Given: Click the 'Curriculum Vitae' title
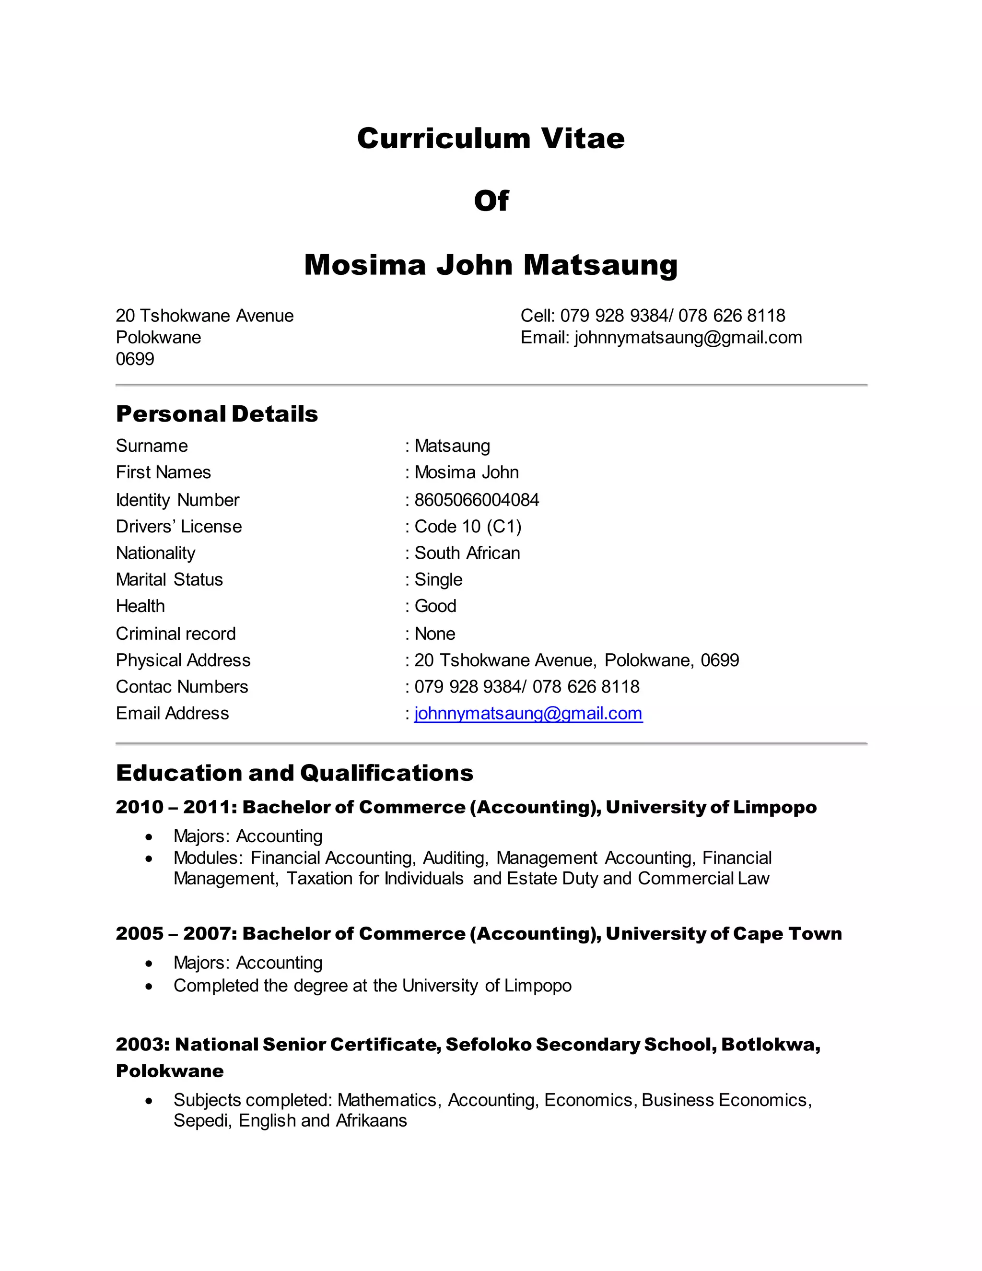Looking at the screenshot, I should (x=491, y=139).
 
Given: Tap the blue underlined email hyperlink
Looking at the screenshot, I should (x=528, y=714).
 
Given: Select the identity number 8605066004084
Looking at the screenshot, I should (x=477, y=500).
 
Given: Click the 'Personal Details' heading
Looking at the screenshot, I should (x=217, y=414).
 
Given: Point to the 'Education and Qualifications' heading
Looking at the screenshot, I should (x=294, y=773).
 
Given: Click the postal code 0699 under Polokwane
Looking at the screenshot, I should (x=135, y=359).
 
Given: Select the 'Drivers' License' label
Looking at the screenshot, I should (x=178, y=527).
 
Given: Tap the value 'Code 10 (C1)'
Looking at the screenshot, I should (x=468, y=527).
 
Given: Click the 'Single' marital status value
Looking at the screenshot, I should (x=438, y=580).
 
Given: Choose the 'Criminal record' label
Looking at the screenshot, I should (x=175, y=634).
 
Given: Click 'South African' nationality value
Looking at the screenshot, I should (x=467, y=553).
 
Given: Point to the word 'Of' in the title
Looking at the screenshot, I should (x=491, y=201).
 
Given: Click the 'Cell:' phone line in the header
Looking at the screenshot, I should (x=653, y=316).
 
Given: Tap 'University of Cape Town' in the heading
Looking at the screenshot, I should (x=723, y=933).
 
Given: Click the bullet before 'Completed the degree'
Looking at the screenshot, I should (x=150, y=986).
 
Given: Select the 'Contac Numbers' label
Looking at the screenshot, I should (x=182, y=687).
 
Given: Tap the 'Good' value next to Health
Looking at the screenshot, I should (x=435, y=606).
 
